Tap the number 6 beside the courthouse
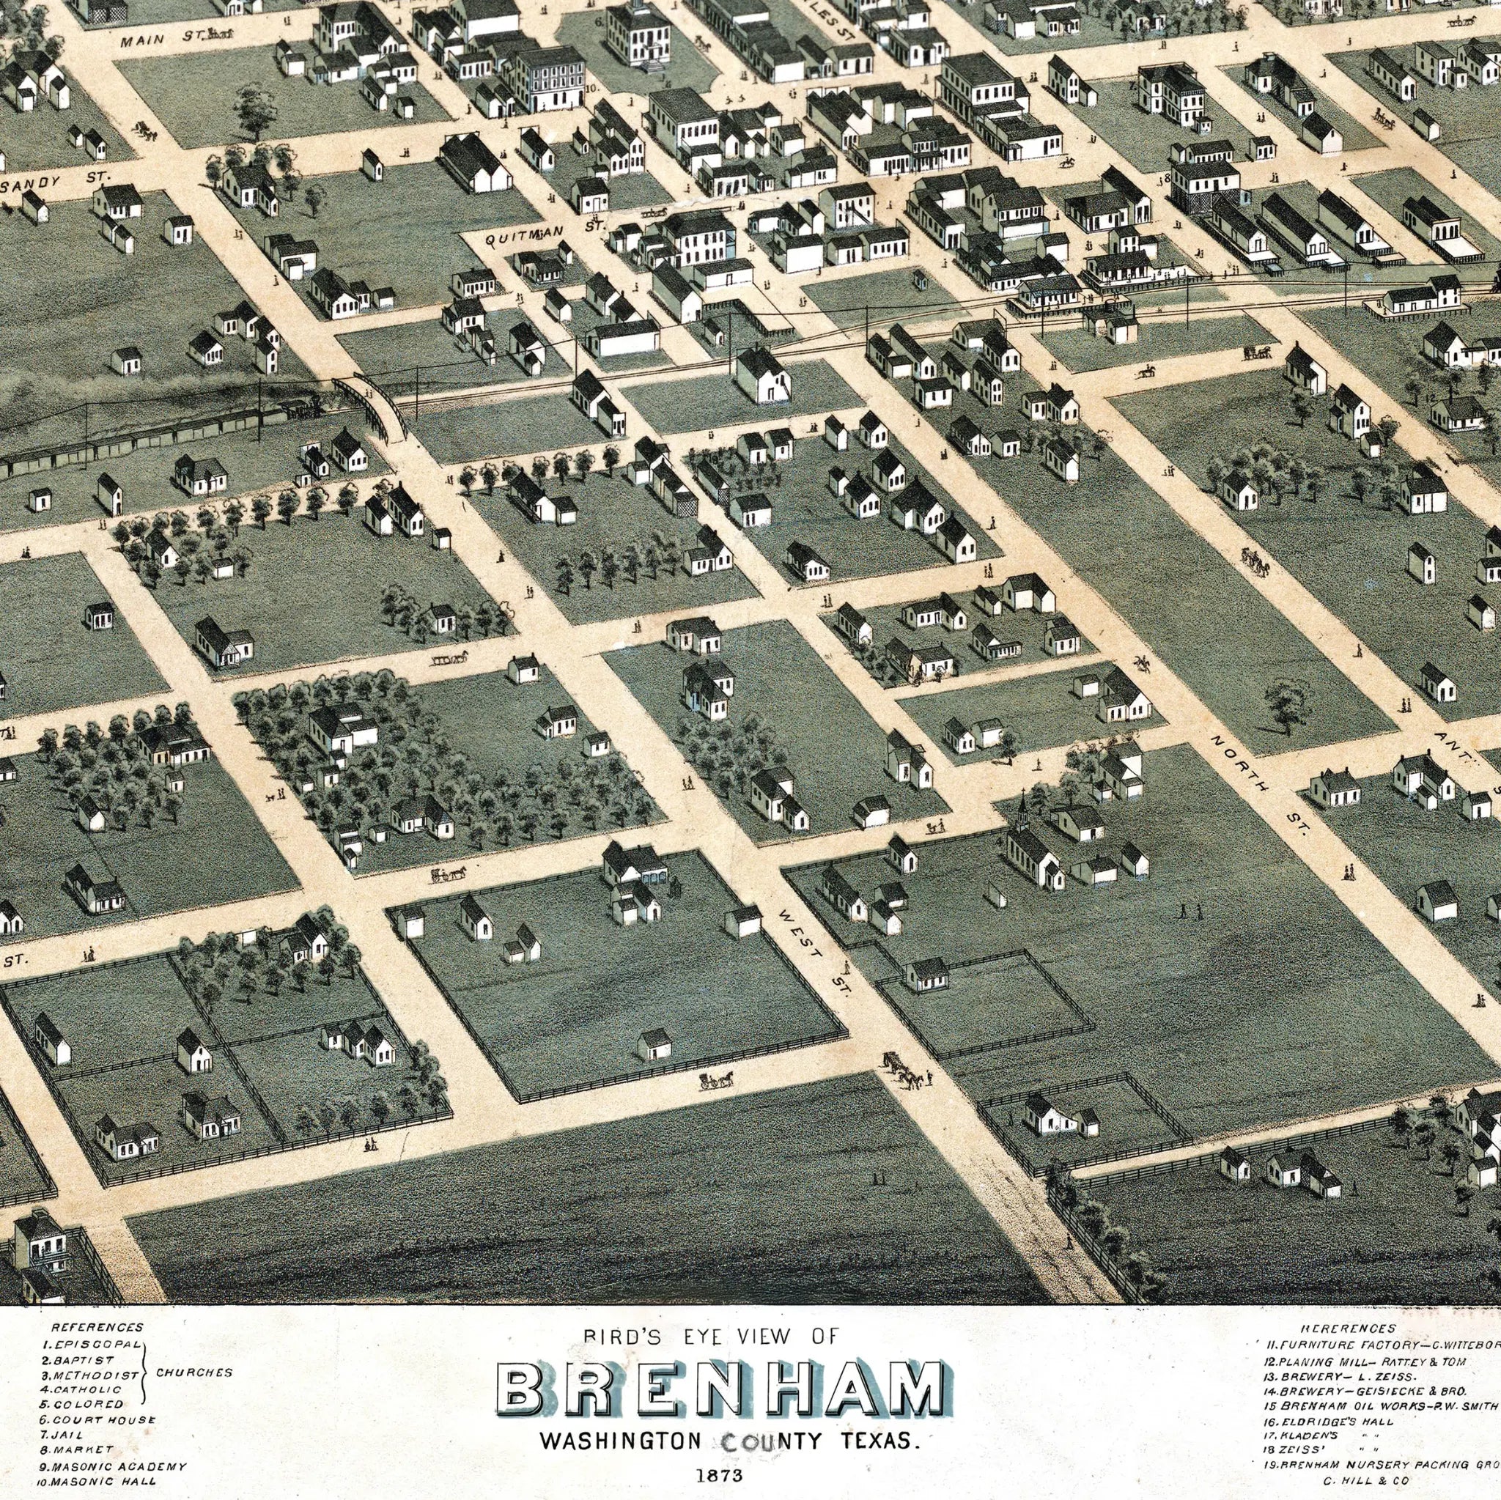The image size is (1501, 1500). (x=599, y=22)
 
